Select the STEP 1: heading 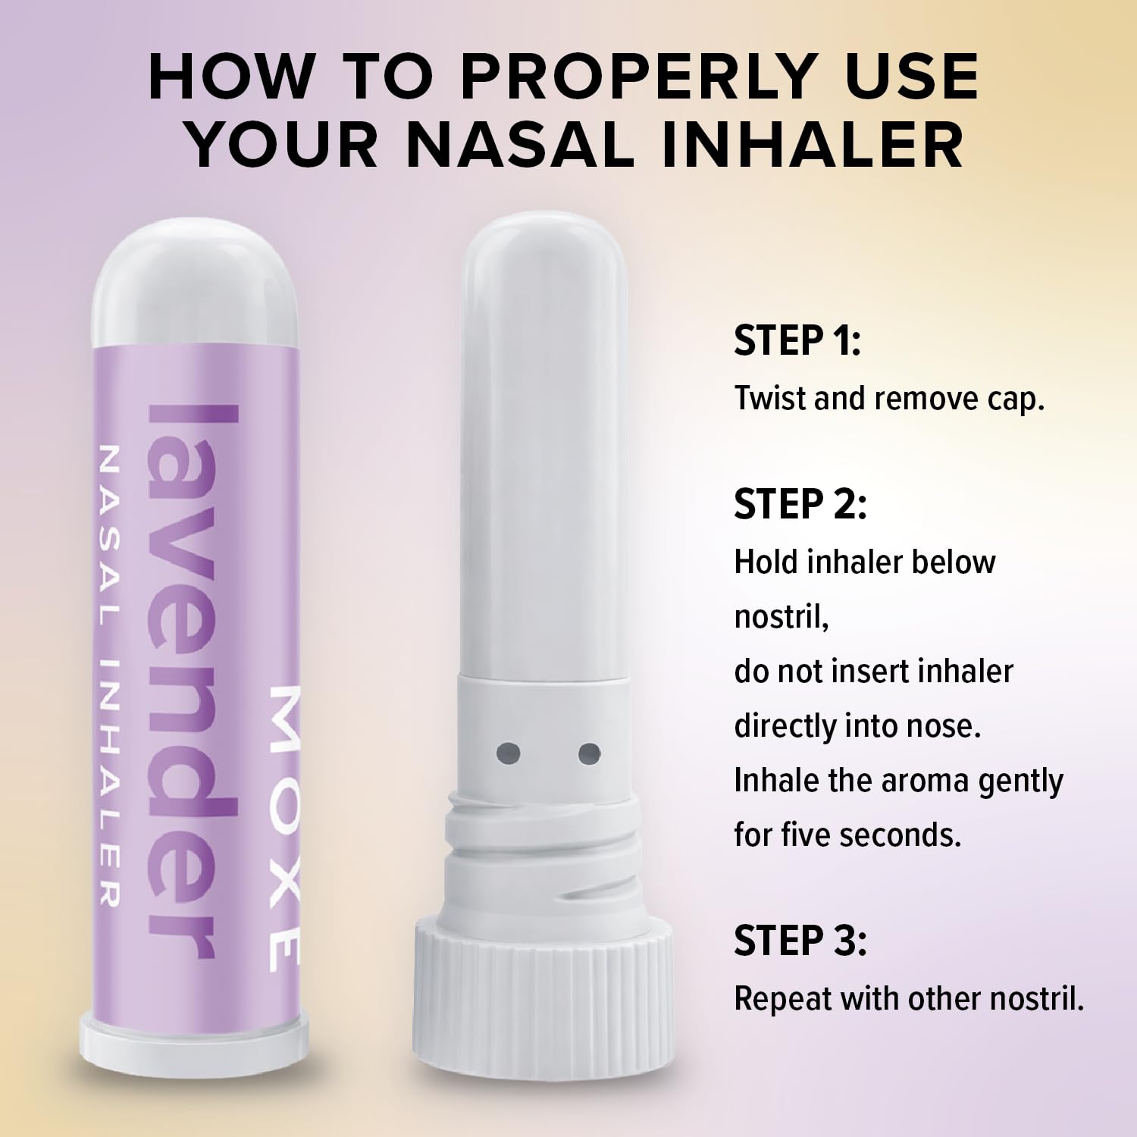click(x=797, y=340)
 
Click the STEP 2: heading click(x=800, y=504)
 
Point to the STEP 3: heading click(x=800, y=941)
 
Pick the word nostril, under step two click(x=781, y=617)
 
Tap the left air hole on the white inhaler click(x=508, y=753)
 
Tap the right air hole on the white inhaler click(x=589, y=753)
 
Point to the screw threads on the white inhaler click(x=544, y=857)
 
